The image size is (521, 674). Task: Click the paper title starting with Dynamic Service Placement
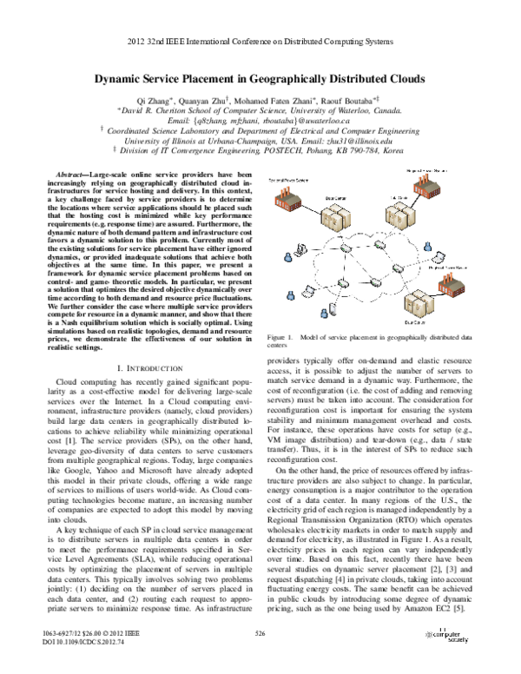260,78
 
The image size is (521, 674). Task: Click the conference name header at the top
260,43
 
